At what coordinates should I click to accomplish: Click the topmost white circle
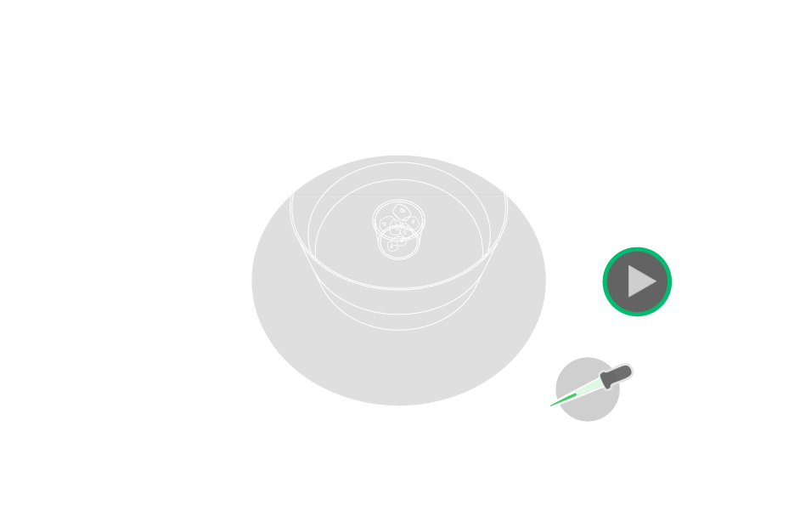tap(398, 71)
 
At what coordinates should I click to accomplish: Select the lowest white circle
tap(179, 276)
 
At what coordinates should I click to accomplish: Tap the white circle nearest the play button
tap(554, 125)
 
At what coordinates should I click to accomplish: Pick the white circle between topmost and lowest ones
tap(243, 125)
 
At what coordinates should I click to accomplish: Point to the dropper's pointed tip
tap(549, 406)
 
